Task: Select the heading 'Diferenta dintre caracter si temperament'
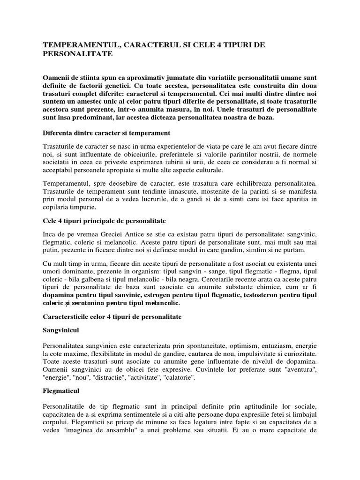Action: pos(106,133)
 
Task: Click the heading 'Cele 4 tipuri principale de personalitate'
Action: pos(105,220)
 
